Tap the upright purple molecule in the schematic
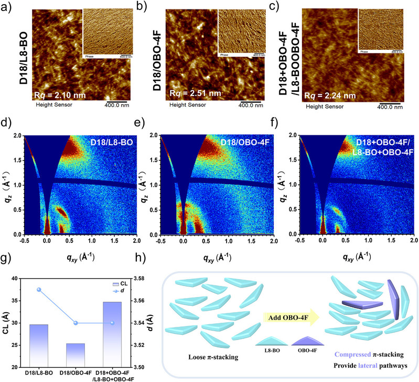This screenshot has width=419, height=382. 393,299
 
